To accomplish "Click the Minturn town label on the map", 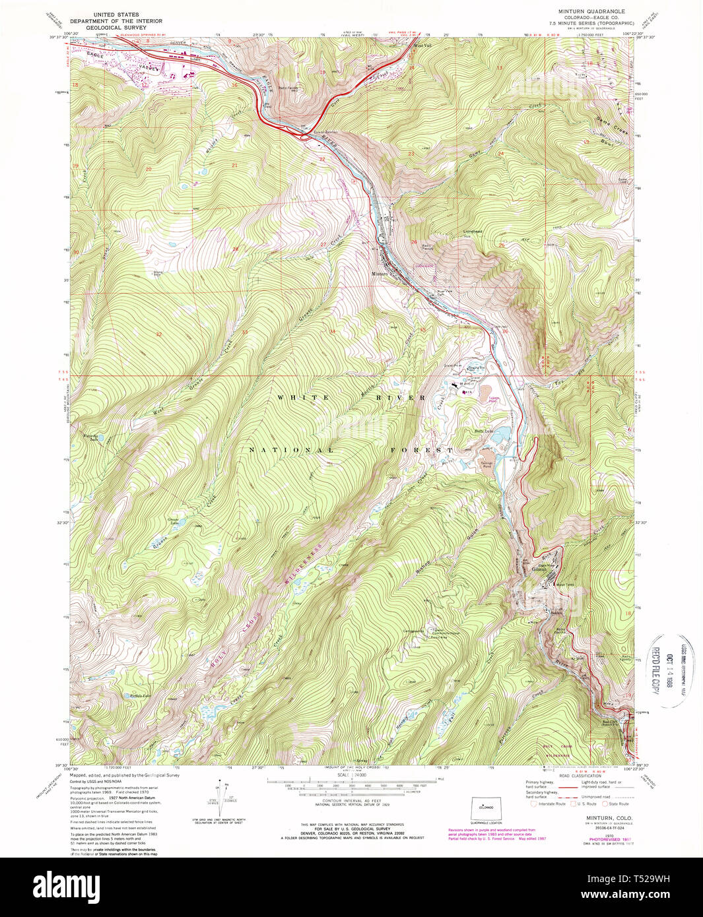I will point(380,273).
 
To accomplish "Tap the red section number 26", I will point(414,241).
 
